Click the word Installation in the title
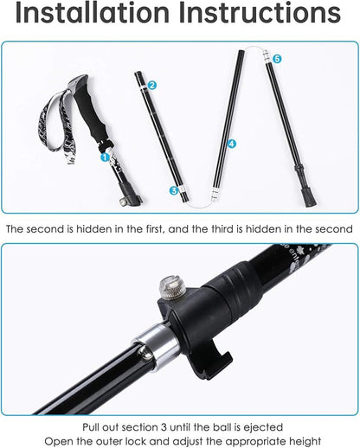click(95, 15)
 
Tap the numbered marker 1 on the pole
click(106, 157)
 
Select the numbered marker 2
click(152, 85)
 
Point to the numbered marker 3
click(174, 189)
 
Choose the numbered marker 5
click(277, 58)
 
